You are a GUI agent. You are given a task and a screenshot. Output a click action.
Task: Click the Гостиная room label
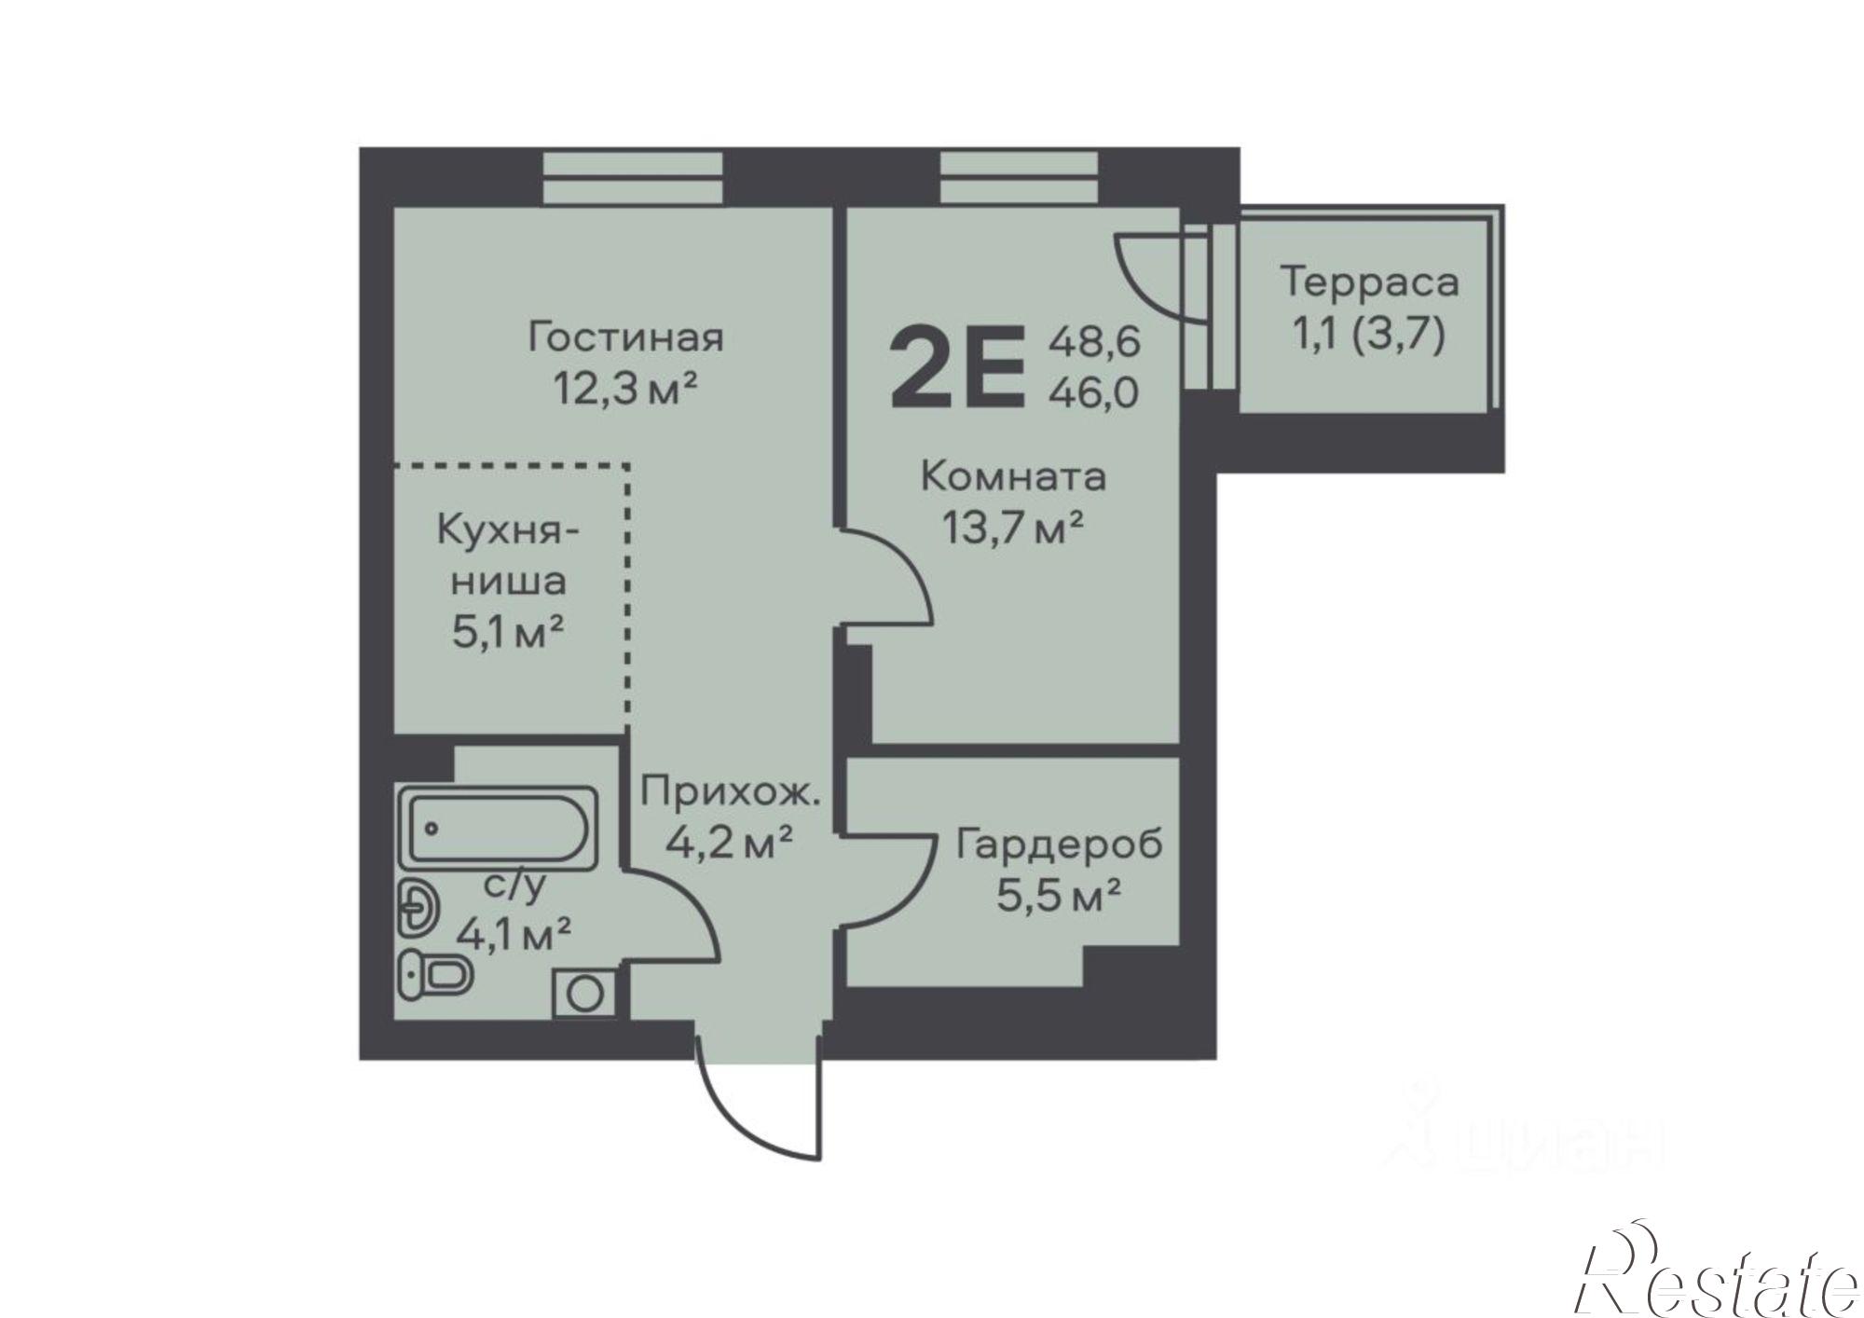[x=625, y=336]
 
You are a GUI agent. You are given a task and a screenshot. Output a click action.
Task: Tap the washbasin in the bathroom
[x=418, y=906]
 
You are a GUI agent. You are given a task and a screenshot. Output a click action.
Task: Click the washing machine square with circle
[x=584, y=994]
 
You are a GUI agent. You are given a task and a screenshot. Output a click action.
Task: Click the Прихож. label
[x=731, y=794]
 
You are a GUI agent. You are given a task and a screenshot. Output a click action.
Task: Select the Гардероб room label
[x=1060, y=844]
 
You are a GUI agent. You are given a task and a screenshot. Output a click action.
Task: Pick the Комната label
[x=1013, y=477]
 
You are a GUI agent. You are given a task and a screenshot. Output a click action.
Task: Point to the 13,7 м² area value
[x=1013, y=529]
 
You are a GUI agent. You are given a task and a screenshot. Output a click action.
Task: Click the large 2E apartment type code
[x=958, y=367]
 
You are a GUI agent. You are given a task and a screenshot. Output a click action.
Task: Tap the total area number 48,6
[x=1094, y=342]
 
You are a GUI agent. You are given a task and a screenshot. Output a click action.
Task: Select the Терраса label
[x=1369, y=281]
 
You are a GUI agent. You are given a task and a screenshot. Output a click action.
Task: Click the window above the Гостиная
[x=633, y=177]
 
